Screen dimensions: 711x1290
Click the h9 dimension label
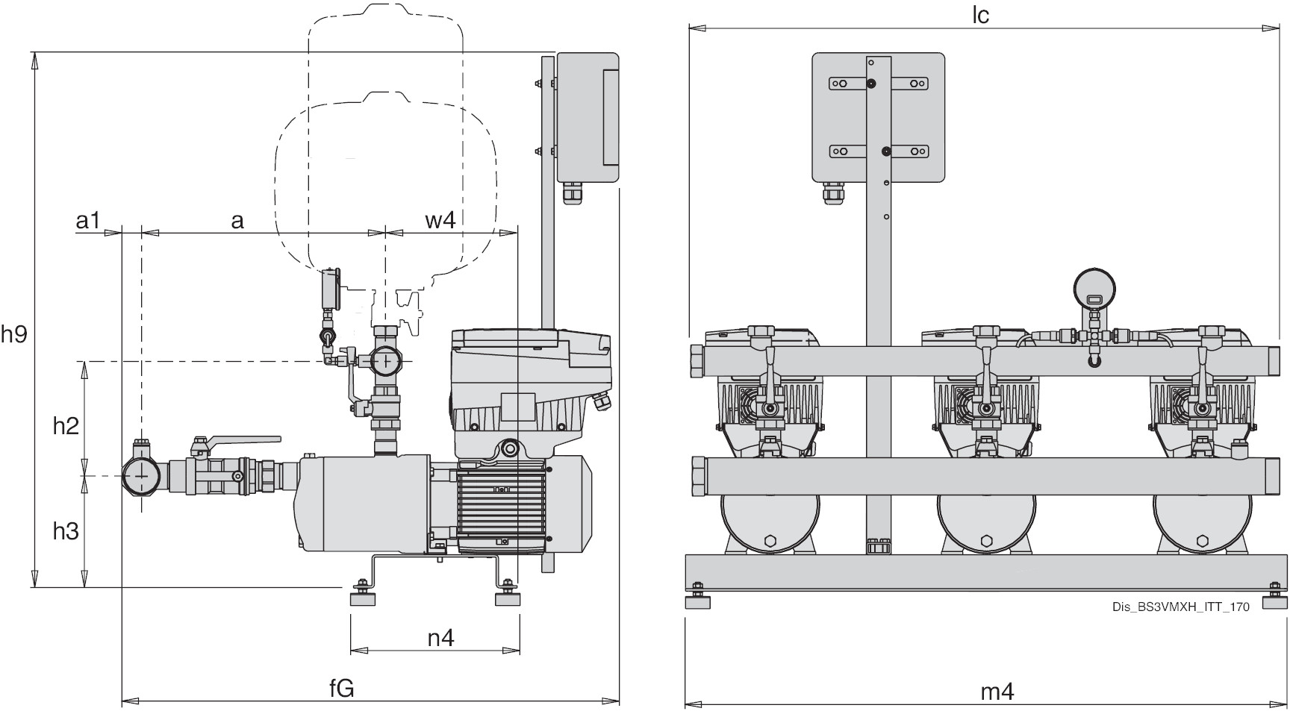click(x=13, y=335)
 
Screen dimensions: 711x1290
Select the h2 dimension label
click(x=66, y=426)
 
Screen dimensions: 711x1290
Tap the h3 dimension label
click(x=66, y=531)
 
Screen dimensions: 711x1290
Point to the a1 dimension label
click(x=88, y=221)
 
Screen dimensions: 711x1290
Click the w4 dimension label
click(x=440, y=221)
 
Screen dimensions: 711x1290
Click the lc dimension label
click(x=980, y=16)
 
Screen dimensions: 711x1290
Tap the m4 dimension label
click(x=997, y=692)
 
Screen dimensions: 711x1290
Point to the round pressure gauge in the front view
click(x=1096, y=289)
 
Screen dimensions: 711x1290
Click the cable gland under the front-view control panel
click(x=832, y=195)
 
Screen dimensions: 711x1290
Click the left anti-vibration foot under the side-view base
click(x=362, y=598)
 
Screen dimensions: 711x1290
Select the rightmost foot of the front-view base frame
click(x=1275, y=599)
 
